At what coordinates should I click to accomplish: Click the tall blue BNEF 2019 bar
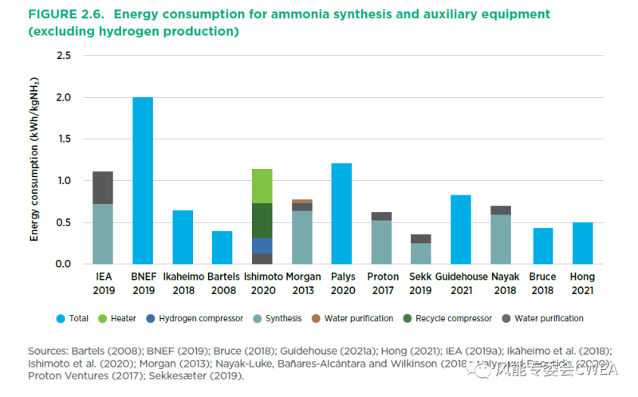[x=143, y=180]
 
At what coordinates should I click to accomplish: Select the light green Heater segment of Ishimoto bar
[x=262, y=186]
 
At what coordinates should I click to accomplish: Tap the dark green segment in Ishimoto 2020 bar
[x=262, y=221]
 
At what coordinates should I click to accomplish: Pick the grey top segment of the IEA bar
[x=103, y=187]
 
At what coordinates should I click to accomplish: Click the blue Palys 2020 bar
[x=341, y=214]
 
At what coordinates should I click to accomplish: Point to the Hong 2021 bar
[x=583, y=243]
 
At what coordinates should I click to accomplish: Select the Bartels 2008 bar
[x=223, y=247]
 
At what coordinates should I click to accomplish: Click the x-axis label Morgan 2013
[x=302, y=283]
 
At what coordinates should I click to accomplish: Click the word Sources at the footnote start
[x=47, y=350]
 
